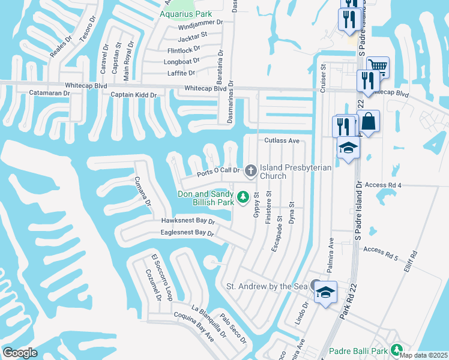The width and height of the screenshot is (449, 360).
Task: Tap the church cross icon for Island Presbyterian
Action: pos(250,172)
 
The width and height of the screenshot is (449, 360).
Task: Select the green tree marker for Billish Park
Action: pos(243,197)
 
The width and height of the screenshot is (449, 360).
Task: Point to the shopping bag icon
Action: pos(369,121)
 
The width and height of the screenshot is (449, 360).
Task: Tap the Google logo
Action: pos(20,353)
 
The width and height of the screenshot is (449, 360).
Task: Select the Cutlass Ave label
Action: pos(282,140)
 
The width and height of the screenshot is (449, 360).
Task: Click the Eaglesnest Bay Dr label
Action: pos(187,232)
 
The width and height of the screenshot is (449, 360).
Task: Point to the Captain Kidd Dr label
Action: pos(133,95)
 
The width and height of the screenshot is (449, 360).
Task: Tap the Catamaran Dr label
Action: pos(49,93)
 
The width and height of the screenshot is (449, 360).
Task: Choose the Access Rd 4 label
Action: pos(382,185)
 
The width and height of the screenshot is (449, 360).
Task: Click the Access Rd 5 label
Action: pos(381,249)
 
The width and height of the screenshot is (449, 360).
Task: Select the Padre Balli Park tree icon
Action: pos(396,350)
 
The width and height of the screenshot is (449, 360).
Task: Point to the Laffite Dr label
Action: pos(182,73)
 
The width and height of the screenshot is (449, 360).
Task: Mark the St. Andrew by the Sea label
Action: pos(265,286)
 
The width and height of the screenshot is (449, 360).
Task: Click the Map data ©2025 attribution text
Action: pos(424,355)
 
